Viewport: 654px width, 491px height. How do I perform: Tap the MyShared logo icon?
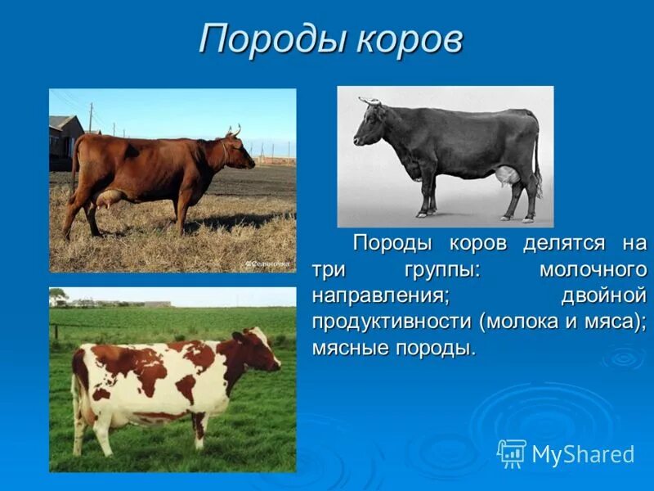(511, 453)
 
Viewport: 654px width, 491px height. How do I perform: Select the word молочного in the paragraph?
(594, 269)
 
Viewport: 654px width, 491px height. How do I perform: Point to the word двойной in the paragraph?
(604, 295)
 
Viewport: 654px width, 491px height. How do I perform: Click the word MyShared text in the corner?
(583, 454)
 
